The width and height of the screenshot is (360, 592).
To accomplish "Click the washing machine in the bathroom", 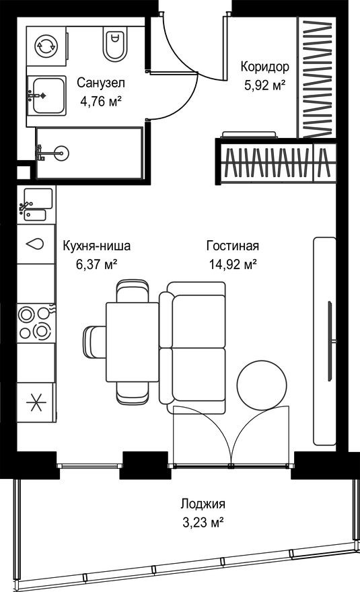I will [46, 46].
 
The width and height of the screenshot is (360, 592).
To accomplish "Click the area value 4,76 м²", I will [101, 103].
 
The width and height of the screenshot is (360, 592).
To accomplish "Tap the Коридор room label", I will [265, 67].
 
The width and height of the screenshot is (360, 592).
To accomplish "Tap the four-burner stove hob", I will [36, 322].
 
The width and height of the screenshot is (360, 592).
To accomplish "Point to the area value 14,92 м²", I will [232, 264].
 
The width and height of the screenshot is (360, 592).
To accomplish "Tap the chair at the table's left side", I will [94, 341].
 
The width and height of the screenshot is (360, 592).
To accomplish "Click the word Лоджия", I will [202, 503].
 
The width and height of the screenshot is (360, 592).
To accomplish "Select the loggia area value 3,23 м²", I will [202, 522].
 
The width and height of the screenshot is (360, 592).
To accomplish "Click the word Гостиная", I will [232, 246].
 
